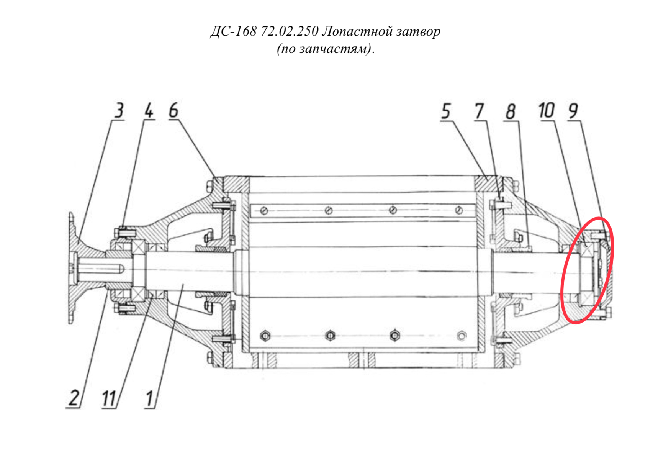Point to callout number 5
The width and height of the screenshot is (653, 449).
tap(446, 111)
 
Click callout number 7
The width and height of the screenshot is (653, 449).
tap(480, 111)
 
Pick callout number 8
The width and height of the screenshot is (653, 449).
tap(511, 111)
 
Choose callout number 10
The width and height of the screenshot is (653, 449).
tap(547, 110)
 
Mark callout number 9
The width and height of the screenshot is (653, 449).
tap(573, 111)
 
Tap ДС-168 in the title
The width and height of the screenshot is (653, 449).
tap(234, 31)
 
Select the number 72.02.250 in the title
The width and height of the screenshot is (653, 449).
tap(290, 31)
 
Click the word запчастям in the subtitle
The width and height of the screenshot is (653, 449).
tap(335, 49)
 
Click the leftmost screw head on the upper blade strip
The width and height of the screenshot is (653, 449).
tap(264, 210)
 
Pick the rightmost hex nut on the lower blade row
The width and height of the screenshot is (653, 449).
tap(461, 336)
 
